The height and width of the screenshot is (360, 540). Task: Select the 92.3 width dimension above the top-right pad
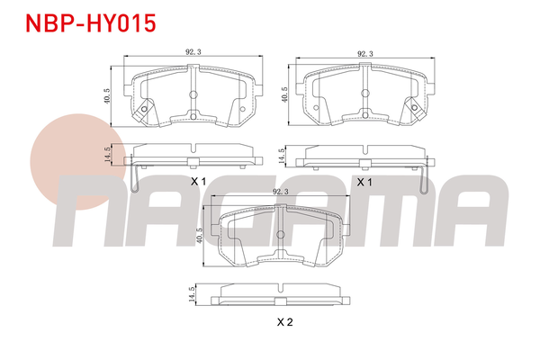coord(364,53)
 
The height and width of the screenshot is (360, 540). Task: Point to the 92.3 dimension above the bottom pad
coord(280,192)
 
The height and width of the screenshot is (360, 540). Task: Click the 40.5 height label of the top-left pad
coord(107,94)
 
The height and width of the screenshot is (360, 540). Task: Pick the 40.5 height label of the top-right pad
coord(284,94)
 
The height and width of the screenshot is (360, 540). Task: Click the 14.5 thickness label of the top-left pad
coord(107,155)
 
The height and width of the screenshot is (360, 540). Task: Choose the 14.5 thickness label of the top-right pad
coord(283,155)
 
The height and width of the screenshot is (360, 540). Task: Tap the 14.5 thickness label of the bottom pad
coord(191,294)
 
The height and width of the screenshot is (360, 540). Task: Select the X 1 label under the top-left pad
coord(198,182)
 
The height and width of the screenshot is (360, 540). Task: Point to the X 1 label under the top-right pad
coord(364,182)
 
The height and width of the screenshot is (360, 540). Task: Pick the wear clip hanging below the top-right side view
coord(423,178)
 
